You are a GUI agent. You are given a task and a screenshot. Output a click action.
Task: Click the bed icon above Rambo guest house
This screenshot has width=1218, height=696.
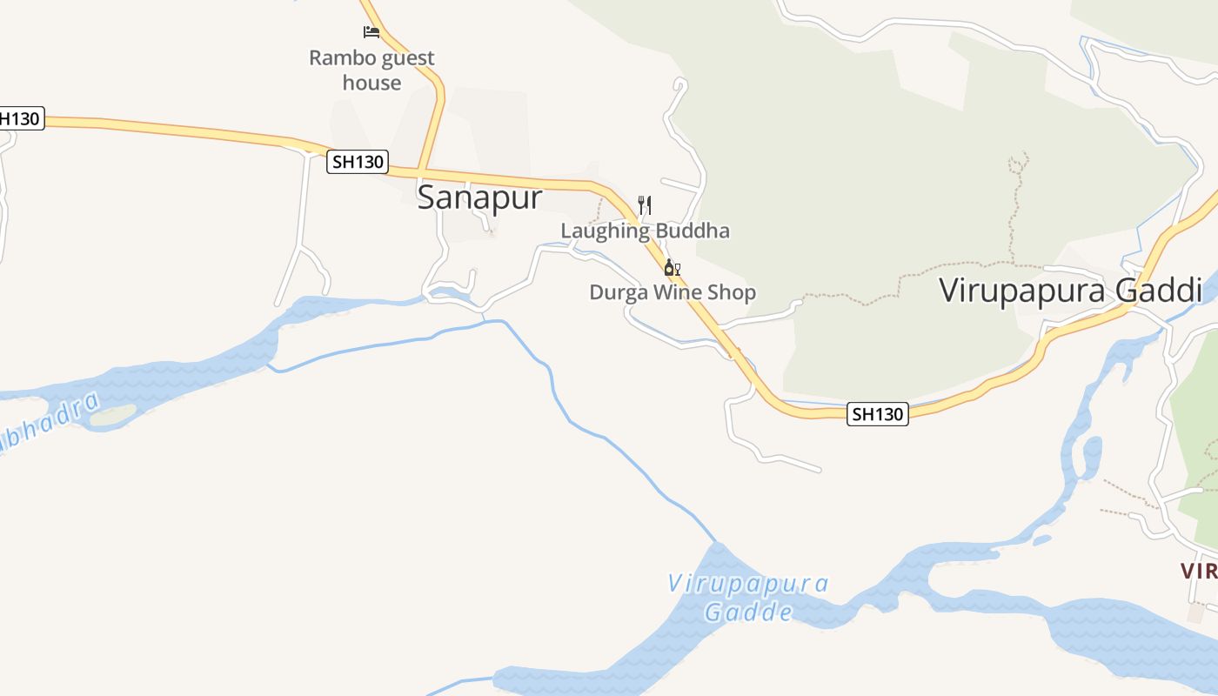click(x=371, y=32)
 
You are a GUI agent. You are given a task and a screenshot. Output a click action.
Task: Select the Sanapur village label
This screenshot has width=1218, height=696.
click(x=479, y=197)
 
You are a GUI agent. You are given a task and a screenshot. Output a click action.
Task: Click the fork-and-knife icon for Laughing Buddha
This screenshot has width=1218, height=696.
click(x=645, y=205)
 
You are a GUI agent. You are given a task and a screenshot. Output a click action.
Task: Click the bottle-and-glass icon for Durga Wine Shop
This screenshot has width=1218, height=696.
click(x=672, y=267)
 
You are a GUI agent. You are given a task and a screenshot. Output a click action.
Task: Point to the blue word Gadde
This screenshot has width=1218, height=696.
click(x=748, y=612)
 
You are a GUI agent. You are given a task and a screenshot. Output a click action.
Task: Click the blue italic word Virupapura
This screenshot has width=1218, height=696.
click(x=748, y=583)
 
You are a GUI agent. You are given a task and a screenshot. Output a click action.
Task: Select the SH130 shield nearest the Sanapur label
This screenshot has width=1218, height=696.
click(x=357, y=162)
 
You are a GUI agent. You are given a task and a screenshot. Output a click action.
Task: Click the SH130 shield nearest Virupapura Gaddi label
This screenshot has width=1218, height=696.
click(x=878, y=414)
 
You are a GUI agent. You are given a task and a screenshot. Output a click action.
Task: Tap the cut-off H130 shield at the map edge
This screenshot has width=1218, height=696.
click(x=21, y=118)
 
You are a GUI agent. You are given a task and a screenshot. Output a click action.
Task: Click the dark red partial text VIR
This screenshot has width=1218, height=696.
click(x=1199, y=571)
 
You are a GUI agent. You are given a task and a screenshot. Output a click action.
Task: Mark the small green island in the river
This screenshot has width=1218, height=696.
click(x=113, y=415)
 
